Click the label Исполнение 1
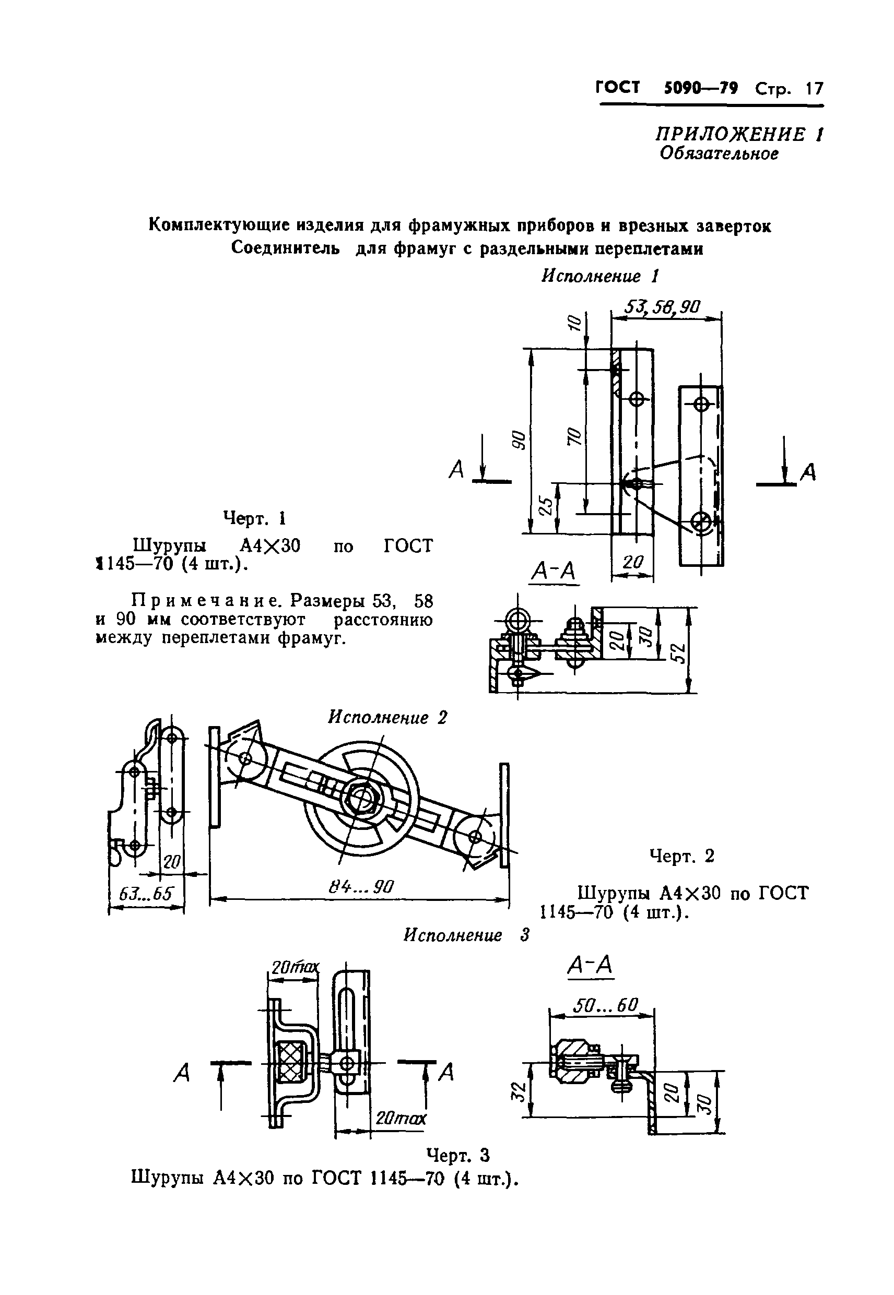599,276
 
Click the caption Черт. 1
255,518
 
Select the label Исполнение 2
387,717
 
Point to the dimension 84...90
361,886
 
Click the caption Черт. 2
681,856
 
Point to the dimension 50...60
605,1005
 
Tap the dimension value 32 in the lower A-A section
520,1090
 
